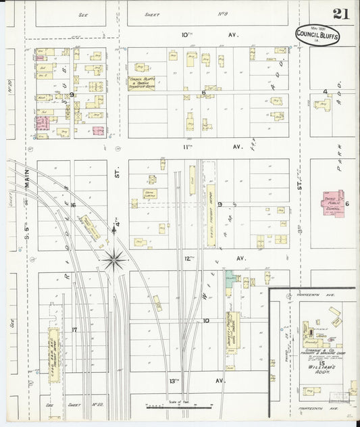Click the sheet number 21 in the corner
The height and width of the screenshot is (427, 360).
340,14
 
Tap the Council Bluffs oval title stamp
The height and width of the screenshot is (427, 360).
317,35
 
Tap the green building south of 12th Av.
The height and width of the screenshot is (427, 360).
231,278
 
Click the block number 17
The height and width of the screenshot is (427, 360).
74,330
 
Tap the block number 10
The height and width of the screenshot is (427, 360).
206,322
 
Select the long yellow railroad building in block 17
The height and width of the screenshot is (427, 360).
53,345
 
